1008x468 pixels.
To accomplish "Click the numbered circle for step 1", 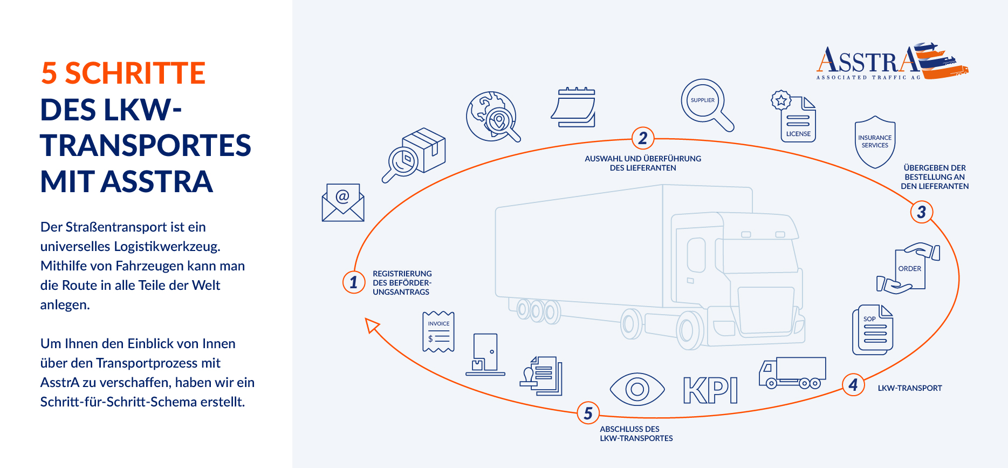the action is (354, 282).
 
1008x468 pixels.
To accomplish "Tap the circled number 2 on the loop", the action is (643, 138).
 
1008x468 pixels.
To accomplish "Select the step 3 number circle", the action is (922, 212).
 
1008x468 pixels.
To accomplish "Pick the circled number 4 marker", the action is (853, 385).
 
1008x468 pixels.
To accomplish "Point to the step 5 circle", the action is (588, 413).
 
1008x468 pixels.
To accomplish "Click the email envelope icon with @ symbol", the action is (343, 202).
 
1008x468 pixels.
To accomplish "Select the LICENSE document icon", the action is (793, 117).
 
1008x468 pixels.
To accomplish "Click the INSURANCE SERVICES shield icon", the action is (875, 142).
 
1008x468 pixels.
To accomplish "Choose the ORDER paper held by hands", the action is (908, 268).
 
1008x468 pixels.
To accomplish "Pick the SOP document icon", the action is (873, 330).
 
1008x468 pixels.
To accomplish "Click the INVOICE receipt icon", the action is (438, 332).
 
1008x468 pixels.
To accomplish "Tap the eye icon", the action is (637, 389).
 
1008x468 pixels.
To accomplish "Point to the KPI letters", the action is (710, 390).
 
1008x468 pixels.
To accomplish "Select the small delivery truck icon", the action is (792, 373).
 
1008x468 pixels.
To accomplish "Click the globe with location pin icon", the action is (493, 117).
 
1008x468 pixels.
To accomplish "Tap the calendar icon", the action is (573, 107).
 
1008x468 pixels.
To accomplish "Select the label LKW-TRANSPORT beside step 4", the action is (910, 388).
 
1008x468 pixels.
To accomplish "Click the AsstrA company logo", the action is (892, 61).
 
